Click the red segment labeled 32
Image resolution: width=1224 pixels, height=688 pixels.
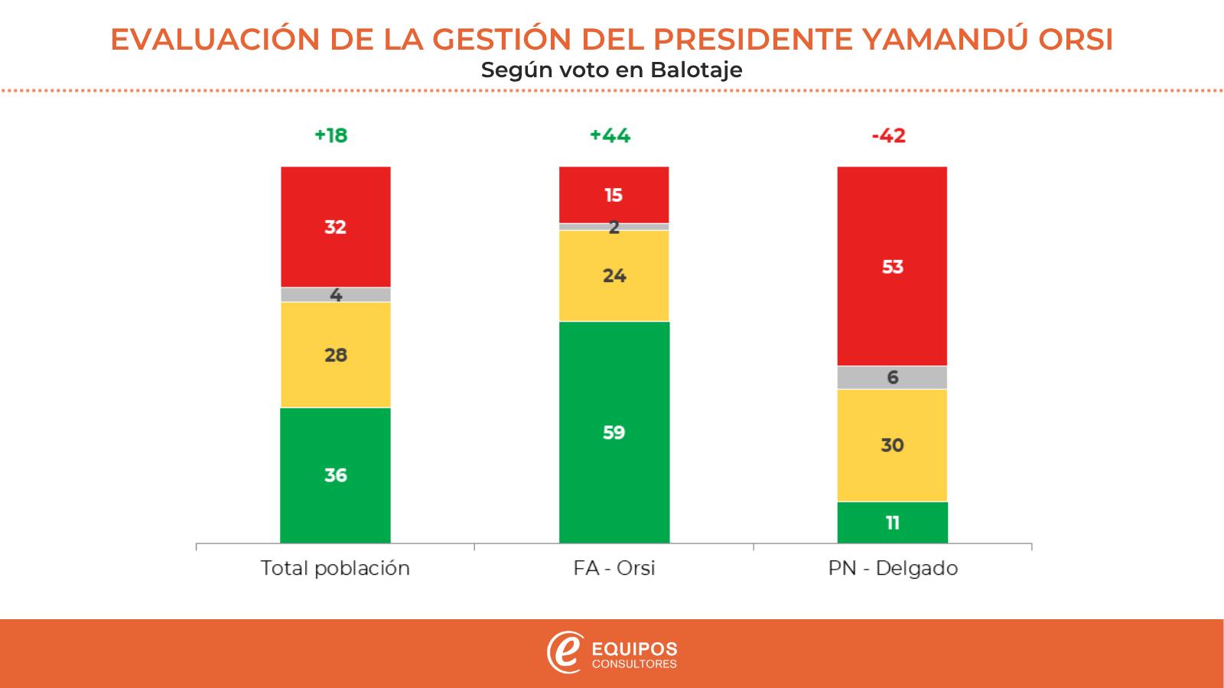coord(335,226)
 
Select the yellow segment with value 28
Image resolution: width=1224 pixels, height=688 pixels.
coord(335,355)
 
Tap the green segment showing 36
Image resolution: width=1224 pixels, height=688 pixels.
coord(335,475)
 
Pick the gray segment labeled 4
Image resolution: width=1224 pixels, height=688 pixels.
coord(335,294)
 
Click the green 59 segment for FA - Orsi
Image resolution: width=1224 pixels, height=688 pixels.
coord(614,432)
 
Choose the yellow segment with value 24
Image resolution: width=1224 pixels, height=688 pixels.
coord(614,275)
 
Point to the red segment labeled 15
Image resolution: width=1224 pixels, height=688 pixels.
coord(614,195)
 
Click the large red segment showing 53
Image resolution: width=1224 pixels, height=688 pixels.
coord(892,266)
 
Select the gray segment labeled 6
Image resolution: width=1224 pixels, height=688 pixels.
coord(892,378)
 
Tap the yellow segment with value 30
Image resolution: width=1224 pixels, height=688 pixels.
coord(892,445)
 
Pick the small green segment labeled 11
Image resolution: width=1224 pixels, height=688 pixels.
coord(892,523)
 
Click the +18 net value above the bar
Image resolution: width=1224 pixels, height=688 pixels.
coord(330,136)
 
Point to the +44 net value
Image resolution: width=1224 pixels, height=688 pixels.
coord(610,136)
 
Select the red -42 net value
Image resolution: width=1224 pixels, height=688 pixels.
coord(888,136)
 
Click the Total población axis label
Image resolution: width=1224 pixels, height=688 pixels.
coord(335,569)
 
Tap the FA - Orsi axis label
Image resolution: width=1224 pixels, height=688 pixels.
coord(614,569)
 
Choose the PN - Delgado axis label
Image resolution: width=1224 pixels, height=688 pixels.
coord(893,569)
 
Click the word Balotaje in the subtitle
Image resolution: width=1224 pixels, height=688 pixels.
coord(696,70)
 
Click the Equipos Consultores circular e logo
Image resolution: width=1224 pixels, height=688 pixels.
coord(565,652)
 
